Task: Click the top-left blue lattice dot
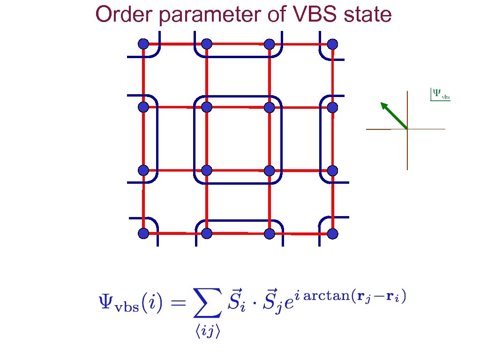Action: [x=143, y=44]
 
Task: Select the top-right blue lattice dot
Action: [x=332, y=44]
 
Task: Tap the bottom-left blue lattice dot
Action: [x=143, y=233]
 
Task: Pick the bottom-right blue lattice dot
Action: [x=332, y=233]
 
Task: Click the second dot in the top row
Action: [x=207, y=44]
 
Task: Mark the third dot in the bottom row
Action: [x=269, y=233]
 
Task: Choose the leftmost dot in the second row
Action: [x=143, y=107]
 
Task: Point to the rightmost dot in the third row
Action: [x=332, y=170]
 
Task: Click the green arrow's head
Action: [x=384, y=106]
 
